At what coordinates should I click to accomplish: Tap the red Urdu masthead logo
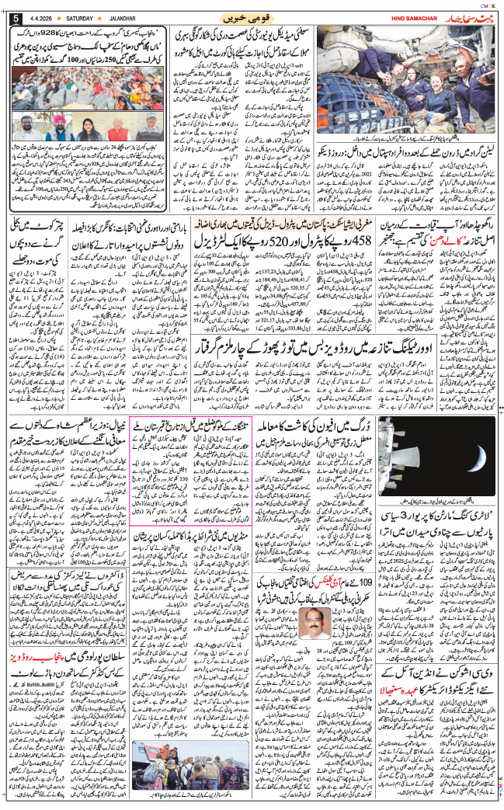pyautogui.click(x=457, y=16)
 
